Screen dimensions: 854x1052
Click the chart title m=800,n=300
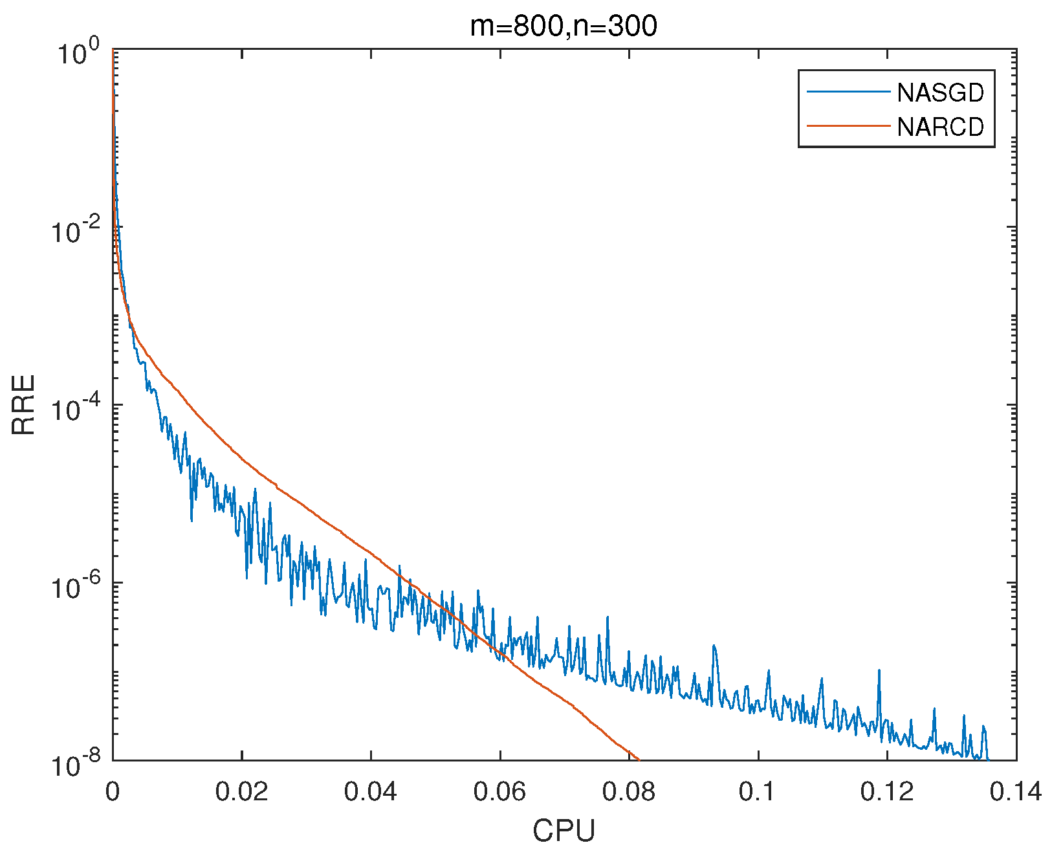pyautogui.click(x=563, y=27)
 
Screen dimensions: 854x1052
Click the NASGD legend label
pyautogui.click(x=940, y=93)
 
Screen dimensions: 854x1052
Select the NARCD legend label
pyautogui.click(x=940, y=127)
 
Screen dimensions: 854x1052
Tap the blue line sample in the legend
pyautogui.click(x=848, y=93)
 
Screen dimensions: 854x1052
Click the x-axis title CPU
pyautogui.click(x=564, y=831)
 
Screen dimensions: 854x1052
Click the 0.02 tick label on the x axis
pyautogui.click(x=241, y=792)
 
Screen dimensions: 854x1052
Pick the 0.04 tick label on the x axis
pyautogui.click(x=370, y=792)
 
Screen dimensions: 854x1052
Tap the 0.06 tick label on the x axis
pyautogui.click(x=499, y=792)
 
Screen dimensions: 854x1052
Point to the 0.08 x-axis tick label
pyautogui.click(x=628, y=792)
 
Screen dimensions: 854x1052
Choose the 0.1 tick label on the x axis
pyautogui.click(x=758, y=792)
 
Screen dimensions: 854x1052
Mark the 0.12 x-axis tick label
pyautogui.click(x=886, y=792)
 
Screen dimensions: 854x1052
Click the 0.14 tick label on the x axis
pyautogui.click(x=1015, y=792)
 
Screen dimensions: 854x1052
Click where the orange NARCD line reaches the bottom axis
pyautogui.click(x=639, y=760)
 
